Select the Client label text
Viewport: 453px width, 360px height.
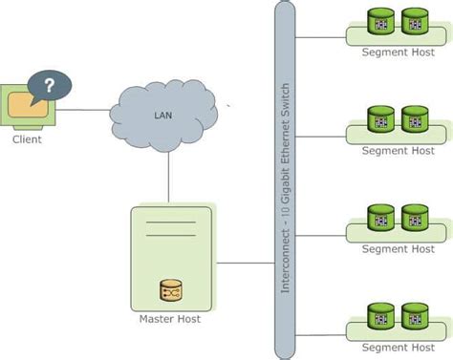click(27, 139)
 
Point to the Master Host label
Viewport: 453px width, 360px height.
click(169, 319)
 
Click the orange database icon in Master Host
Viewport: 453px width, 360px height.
click(170, 288)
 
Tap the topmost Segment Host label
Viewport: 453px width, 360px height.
click(398, 52)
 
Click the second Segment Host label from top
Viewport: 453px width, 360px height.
click(398, 150)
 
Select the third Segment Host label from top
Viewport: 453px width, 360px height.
click(398, 248)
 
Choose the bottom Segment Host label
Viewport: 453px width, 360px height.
click(398, 347)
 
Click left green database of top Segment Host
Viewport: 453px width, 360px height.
click(382, 21)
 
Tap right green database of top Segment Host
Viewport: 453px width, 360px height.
click(415, 21)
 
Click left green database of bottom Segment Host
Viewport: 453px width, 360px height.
click(382, 315)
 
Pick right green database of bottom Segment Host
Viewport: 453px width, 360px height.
click(415, 315)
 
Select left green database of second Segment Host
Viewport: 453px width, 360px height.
click(382, 119)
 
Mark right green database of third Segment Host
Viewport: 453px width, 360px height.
click(415, 217)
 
